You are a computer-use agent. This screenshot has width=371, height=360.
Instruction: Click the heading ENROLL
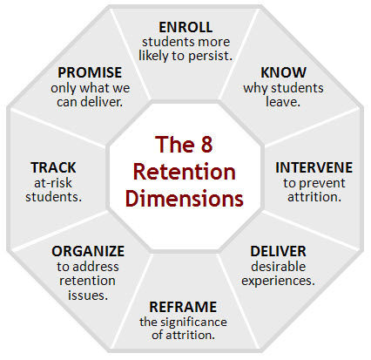[185, 27]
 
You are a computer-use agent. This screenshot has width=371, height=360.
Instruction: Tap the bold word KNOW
[283, 72]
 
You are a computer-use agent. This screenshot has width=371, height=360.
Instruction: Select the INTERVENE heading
[314, 167]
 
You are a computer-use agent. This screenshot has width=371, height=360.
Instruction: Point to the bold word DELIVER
[278, 251]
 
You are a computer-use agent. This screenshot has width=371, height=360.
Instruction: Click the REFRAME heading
[183, 307]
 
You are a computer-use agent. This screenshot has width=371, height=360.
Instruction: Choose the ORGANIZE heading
[88, 251]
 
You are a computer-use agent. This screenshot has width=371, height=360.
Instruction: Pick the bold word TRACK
[53, 167]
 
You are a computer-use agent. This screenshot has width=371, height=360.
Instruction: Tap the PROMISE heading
[90, 72]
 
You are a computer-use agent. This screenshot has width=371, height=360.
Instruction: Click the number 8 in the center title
[206, 145]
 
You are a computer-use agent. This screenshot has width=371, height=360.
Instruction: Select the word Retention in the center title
[184, 172]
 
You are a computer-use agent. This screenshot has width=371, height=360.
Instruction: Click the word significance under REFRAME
[193, 322]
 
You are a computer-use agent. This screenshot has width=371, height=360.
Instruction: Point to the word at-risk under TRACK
[53, 183]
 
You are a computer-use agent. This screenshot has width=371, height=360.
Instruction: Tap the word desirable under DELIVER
[278, 267]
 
